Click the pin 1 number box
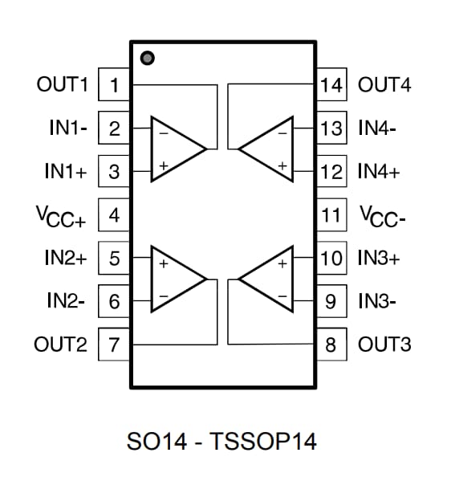tap(115, 85)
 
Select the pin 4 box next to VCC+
tap(115, 215)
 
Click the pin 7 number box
tap(115, 345)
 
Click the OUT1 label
tap(62, 84)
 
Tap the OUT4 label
tap(384, 84)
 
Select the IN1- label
tap(68, 128)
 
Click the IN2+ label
tap(65, 259)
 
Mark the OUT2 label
tap(61, 345)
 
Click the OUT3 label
tap(384, 345)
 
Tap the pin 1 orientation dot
tap(147, 58)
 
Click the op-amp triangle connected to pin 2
tap(175, 149)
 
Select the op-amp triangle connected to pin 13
tap(269, 149)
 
